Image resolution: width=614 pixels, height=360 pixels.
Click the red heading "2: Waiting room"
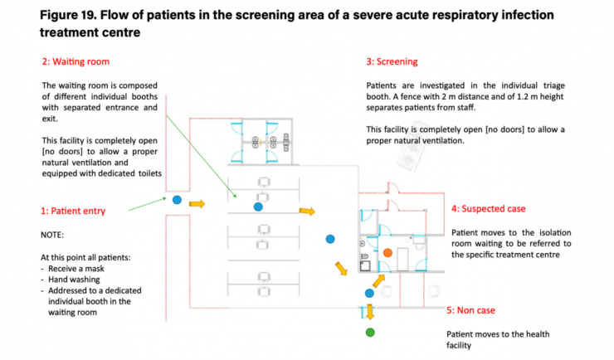tap(76, 61)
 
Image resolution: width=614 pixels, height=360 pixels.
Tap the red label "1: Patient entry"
tap(72, 211)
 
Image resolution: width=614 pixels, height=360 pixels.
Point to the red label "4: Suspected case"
tap(488, 208)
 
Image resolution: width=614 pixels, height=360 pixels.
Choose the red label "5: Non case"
tap(470, 310)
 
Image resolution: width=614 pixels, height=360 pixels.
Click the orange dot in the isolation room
tap(387, 251)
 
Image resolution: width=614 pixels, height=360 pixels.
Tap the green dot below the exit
tap(370, 333)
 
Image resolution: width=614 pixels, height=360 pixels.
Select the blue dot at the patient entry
tap(177, 199)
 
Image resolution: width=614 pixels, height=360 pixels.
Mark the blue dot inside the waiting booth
tap(258, 206)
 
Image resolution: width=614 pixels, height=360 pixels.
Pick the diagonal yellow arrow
tap(341, 269)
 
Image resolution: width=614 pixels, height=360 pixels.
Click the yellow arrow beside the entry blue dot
tap(197, 202)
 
